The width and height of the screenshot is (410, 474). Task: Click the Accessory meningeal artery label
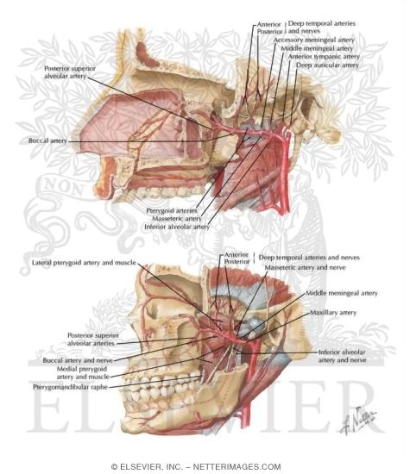[314, 40]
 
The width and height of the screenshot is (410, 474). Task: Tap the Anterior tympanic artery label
[324, 57]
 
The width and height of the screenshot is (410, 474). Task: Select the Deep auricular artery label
[327, 65]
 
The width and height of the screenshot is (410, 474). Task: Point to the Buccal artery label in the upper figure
[47, 140]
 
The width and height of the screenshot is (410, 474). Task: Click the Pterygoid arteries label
[172, 210]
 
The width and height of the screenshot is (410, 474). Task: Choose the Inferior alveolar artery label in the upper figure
[177, 227]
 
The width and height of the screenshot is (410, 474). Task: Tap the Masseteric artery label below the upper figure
[177, 218]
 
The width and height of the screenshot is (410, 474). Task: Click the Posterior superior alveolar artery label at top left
[70, 72]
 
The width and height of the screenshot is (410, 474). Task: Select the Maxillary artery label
[333, 313]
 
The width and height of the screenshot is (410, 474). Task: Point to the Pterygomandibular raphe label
[70, 387]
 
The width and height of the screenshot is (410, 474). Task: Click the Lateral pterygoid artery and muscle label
[84, 262]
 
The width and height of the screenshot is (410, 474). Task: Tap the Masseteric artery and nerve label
[305, 267]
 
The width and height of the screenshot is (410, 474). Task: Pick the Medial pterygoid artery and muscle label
[83, 372]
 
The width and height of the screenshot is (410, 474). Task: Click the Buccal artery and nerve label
[78, 360]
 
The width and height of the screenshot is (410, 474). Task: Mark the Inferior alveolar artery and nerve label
[342, 356]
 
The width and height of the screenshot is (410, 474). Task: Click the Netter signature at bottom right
[358, 420]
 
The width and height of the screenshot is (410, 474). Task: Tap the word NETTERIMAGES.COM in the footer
[237, 467]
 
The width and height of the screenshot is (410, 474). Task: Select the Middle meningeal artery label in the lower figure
[342, 293]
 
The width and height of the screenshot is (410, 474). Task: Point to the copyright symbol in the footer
[114, 467]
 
